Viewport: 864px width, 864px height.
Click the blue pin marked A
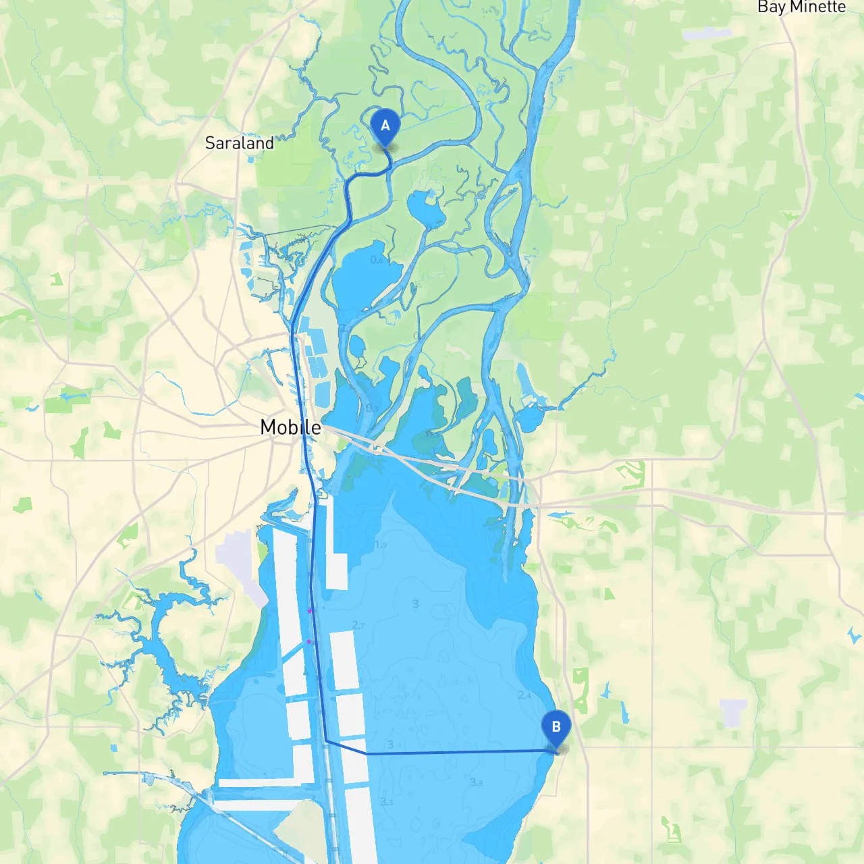point(385,126)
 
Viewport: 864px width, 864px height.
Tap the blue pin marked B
point(556,728)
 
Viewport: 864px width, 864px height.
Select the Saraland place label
point(239,143)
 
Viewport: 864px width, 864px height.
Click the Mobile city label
point(290,427)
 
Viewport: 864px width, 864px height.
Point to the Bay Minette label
point(801,7)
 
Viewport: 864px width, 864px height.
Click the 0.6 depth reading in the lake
point(377,260)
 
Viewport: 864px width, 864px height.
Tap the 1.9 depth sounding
point(381,545)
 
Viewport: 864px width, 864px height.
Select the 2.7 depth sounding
point(358,625)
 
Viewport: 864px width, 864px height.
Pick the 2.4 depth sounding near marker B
point(524,695)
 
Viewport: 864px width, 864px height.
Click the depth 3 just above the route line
point(390,745)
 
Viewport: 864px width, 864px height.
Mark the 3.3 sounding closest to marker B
point(477,782)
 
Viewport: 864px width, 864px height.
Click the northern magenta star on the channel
point(310,611)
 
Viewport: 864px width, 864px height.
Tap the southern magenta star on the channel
point(309,641)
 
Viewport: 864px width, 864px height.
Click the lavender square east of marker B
point(733,712)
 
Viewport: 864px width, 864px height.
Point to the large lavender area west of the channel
point(236,560)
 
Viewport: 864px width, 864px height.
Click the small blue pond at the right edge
point(854,634)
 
